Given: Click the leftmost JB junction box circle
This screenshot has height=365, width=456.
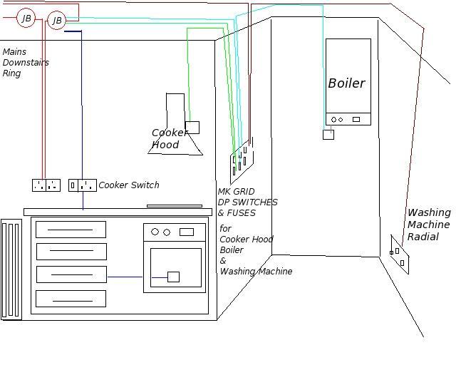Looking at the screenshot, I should tap(26, 18).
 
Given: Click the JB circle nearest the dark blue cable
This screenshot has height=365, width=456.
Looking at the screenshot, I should tap(56, 21).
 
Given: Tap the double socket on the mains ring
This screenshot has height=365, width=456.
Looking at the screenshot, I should tap(46, 185).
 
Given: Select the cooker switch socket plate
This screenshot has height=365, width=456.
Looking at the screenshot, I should tap(83, 185).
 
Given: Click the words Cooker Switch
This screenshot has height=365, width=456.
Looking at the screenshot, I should tap(129, 185).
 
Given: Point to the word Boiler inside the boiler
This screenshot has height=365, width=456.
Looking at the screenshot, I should tap(346, 83).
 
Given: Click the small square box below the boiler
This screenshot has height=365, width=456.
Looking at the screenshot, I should tap(328, 134).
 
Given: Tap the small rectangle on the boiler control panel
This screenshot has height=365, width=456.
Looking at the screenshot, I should tap(356, 119).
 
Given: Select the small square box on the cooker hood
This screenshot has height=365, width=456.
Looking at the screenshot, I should tap(192, 128).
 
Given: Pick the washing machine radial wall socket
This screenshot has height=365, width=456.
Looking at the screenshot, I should tap(399, 255).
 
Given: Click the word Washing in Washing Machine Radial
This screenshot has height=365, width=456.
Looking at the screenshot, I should tap(429, 212).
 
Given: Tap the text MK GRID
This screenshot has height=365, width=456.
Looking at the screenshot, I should tap(236, 192).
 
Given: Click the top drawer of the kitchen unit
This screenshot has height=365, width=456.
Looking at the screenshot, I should tap(71, 230).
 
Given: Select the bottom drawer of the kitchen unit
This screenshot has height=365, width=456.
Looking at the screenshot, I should tap(71, 298).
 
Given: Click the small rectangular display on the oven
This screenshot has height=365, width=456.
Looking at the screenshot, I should tap(187, 232).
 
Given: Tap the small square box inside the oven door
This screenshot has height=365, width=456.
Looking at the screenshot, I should tap(173, 277).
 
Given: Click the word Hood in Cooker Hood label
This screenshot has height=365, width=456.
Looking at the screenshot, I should tap(165, 145).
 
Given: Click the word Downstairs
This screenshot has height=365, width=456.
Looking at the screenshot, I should tap(26, 63).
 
